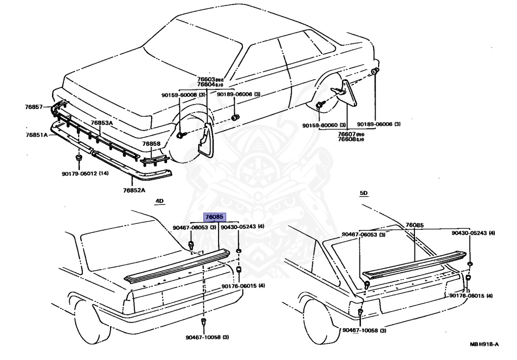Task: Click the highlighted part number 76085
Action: click(214, 217)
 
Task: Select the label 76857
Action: click(34, 107)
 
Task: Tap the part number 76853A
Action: click(102, 123)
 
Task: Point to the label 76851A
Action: click(37, 135)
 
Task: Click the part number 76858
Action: click(151, 144)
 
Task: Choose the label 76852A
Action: click(134, 190)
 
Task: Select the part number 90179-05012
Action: click(80, 174)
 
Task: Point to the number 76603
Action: click(206, 79)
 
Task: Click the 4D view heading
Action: click(160, 201)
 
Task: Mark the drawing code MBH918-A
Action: click(484, 344)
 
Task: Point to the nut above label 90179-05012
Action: click(79, 161)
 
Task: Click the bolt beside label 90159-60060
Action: click(320, 105)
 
